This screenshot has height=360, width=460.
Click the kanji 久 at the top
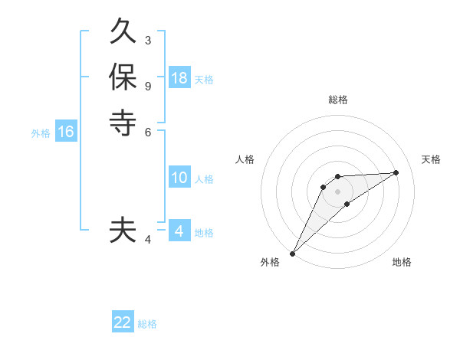[x=123, y=34]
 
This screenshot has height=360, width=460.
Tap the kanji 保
[x=123, y=77]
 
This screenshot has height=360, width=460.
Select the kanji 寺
[x=123, y=122]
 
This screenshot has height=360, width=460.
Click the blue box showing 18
[x=179, y=77]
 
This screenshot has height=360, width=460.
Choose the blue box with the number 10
[x=179, y=178]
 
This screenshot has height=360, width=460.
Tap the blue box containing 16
[x=66, y=132]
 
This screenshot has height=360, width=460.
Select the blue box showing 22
[x=123, y=322]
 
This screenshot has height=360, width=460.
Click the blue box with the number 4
[x=179, y=231]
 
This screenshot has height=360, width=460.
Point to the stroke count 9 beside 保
[x=148, y=85]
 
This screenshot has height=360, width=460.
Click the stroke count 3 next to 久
[x=148, y=40]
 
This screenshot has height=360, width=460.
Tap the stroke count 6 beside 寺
[x=148, y=131]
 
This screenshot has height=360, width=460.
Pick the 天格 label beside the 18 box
[x=204, y=79]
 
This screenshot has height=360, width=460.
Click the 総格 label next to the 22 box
[x=147, y=324]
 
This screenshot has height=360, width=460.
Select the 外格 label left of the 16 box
[x=41, y=133]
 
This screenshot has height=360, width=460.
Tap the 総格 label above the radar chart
[x=338, y=100]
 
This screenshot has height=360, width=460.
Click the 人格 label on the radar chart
[x=245, y=159]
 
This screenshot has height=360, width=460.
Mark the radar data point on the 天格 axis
[x=396, y=172]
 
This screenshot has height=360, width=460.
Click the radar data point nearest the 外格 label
[x=293, y=253]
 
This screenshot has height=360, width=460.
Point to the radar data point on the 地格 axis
[x=347, y=203]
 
